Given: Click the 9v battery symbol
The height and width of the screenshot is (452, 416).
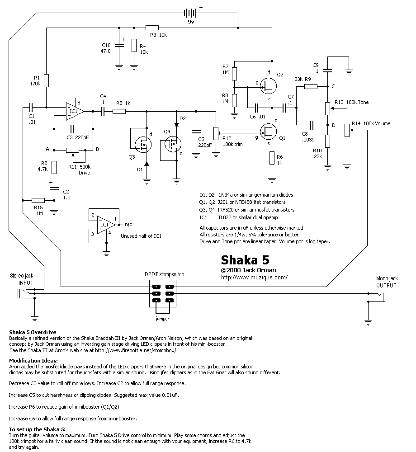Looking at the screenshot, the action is pos(190,13).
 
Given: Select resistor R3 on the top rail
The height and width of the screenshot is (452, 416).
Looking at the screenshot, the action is pos(152,28).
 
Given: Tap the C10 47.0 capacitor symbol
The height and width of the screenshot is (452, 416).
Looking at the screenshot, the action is pos(119,45).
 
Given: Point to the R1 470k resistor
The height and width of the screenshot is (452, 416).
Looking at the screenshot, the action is pos(46,80).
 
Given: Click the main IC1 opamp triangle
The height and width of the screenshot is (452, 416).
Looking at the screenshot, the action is pos(75,111).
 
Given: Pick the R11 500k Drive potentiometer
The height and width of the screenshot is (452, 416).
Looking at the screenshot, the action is pos(72,150).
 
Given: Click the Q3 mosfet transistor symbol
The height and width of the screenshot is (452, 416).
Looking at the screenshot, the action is pos(143,145).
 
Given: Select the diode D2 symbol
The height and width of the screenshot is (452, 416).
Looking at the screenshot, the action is pos(176,125).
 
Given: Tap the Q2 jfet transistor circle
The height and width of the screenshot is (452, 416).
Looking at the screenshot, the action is pos(268,85).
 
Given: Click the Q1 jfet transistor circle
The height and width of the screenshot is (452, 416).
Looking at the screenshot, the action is pos(268,132).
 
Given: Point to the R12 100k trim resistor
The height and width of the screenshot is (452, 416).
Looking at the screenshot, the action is pos(216,133).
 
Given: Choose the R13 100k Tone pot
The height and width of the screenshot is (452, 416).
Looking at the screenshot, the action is pos(327,108).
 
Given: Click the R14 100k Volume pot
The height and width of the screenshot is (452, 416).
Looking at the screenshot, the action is pos(347,130).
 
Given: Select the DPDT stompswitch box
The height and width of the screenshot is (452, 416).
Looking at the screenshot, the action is pos(163,293).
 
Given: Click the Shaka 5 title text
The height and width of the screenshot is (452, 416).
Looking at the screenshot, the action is pos(245,260).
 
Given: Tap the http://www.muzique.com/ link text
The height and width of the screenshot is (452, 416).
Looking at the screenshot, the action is pos(254,278).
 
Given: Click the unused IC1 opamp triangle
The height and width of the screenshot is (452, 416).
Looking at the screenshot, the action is pos(106,225).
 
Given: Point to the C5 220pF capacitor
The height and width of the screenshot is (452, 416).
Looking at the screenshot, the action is pos(196,132).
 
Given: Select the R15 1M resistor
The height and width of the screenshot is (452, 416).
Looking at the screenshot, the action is pos(38,200).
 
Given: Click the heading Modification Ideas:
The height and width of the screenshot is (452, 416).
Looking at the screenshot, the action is pos(33,360).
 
